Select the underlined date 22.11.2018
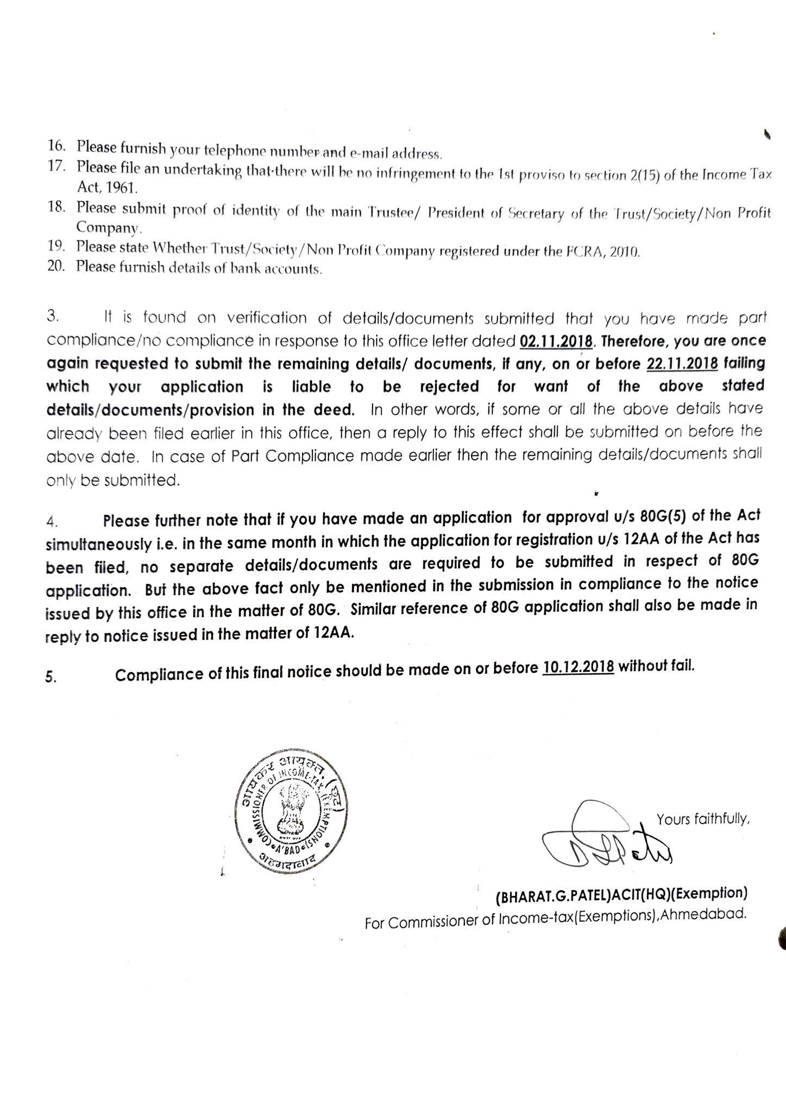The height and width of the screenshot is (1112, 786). pyautogui.click(x=682, y=363)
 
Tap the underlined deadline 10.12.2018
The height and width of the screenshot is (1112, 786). pyautogui.click(x=578, y=667)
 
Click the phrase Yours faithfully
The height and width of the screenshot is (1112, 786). pyautogui.click(x=703, y=819)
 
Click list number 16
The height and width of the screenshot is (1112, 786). pyautogui.click(x=56, y=146)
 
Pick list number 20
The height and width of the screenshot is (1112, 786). pyautogui.click(x=56, y=267)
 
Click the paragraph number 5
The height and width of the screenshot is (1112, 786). pyautogui.click(x=51, y=678)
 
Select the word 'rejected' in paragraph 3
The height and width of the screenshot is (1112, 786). pyautogui.click(x=449, y=387)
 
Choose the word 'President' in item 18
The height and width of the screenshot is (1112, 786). pyautogui.click(x=456, y=212)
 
